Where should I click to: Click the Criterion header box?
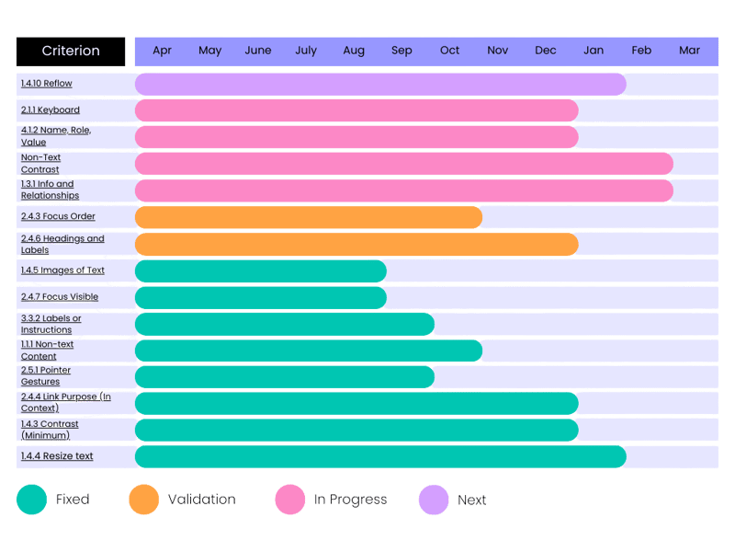71,52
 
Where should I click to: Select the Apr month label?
163,51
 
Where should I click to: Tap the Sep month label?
401,51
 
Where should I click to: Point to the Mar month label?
689,51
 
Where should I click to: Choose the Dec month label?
546,51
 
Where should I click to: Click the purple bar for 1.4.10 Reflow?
380,84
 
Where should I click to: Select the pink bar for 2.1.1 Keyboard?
356,110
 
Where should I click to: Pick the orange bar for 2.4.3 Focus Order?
309,217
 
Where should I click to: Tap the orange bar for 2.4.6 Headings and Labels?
356,245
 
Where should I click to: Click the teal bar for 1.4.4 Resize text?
380,456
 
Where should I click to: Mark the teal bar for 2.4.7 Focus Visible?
261,298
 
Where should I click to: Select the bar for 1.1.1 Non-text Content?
309,351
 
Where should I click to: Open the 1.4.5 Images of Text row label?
62,270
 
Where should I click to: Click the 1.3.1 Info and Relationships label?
51,190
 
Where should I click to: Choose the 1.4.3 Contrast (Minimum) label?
50,430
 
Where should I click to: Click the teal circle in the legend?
32,500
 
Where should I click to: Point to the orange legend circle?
145,500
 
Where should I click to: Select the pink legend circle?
290,500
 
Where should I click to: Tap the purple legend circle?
434,500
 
